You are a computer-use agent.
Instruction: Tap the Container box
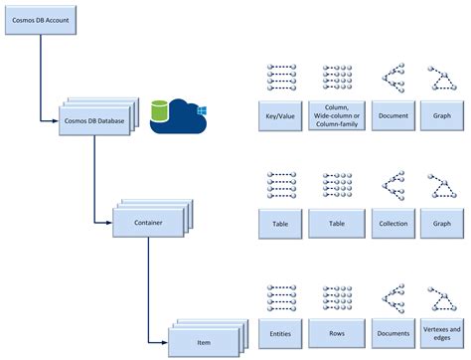point(147,224)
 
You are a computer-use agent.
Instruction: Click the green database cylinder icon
point(160,112)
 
